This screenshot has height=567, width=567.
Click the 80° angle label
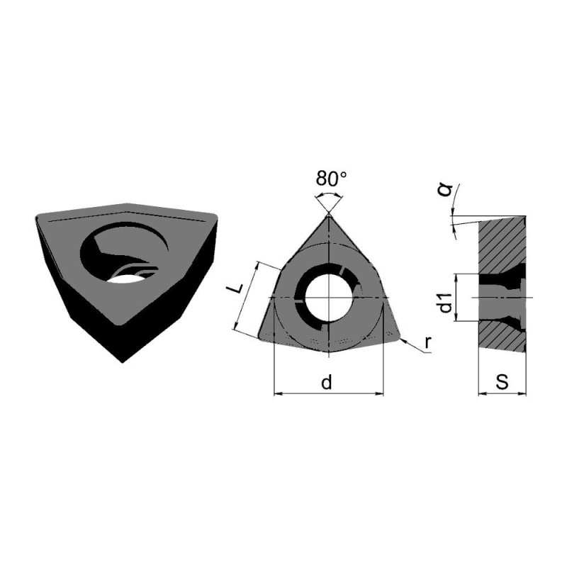tap(331, 179)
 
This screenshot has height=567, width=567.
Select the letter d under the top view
tap(327, 382)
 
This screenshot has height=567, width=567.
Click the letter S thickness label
tap(502, 382)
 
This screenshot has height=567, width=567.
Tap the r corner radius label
tap(428, 342)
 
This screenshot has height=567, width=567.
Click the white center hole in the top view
tap(329, 298)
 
